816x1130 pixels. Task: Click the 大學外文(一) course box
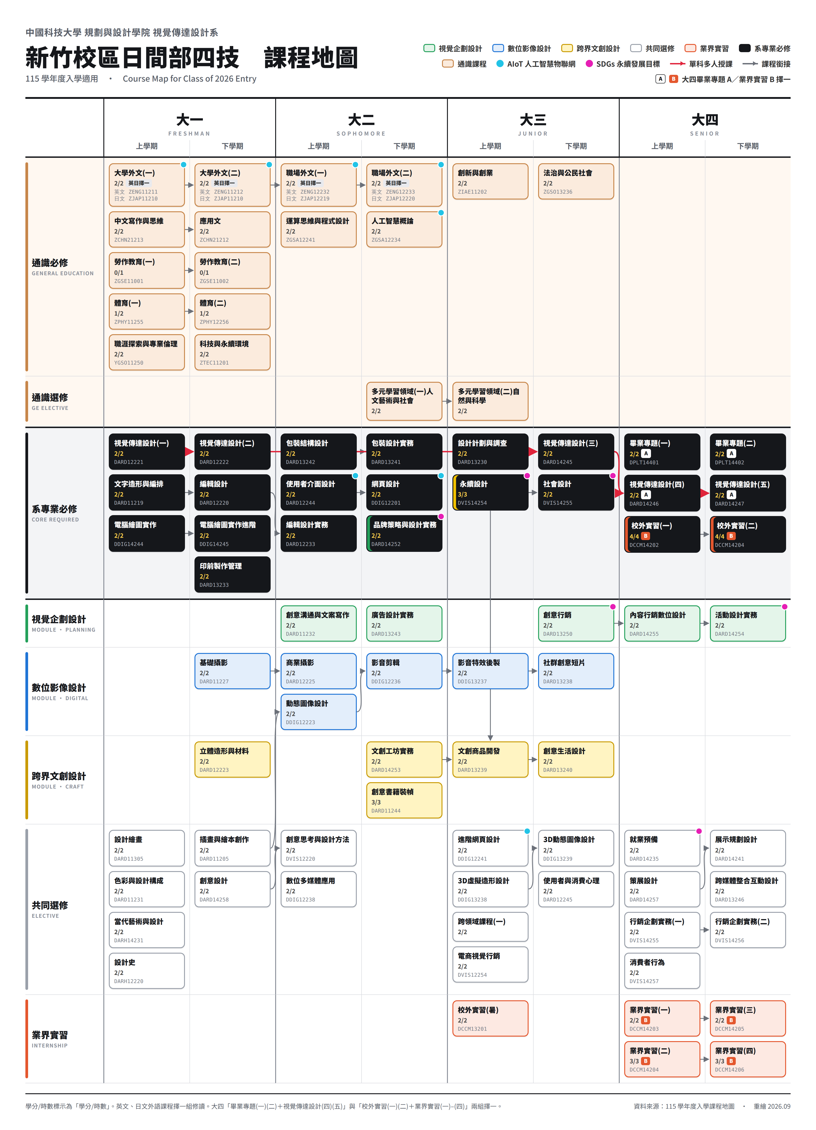coord(146,185)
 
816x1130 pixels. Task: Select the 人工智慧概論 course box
coord(404,229)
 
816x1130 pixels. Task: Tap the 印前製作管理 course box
coord(232,575)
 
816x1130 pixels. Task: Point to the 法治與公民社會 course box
coord(576,181)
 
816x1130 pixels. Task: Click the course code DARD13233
coord(214,585)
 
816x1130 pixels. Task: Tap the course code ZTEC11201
coord(214,363)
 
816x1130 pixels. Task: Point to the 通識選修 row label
coord(50,397)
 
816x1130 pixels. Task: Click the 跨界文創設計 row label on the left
coord(59,776)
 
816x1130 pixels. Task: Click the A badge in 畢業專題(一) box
coord(646,453)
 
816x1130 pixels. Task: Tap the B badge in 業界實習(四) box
coord(731,1061)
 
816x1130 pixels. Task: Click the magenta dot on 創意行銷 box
coord(613,607)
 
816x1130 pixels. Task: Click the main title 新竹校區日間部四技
coord(133,58)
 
